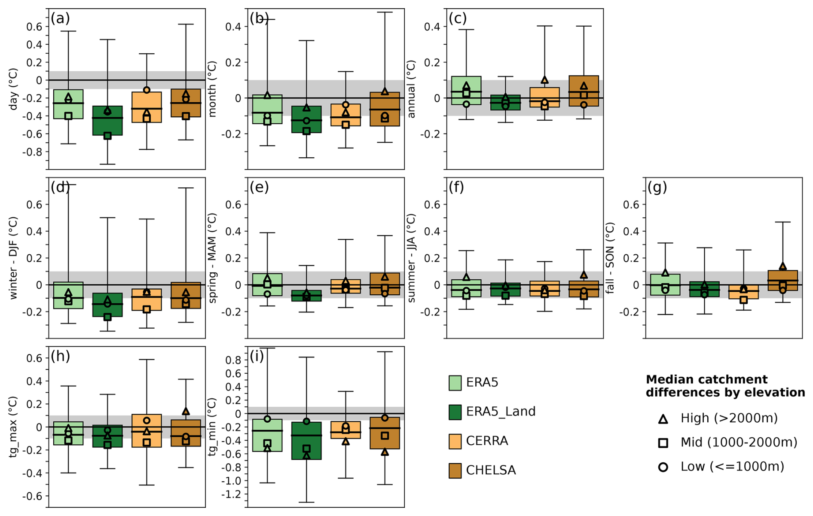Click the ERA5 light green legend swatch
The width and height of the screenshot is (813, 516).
455,382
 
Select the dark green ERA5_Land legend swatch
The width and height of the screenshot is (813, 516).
455,412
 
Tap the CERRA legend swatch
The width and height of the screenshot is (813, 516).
455,441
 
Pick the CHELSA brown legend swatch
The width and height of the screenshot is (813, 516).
455,470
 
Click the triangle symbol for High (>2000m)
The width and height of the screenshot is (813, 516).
663,419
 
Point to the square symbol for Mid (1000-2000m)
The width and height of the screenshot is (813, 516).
663,443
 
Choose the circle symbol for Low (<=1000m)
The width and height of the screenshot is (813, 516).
663,467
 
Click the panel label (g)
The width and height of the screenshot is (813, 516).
657,187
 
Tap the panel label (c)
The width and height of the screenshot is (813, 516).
458,18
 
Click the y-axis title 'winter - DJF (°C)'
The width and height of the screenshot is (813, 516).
13,258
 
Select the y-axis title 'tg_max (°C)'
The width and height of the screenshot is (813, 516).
13,427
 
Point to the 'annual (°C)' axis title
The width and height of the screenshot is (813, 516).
411,89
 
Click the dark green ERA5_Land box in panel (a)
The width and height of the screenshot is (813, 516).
107,121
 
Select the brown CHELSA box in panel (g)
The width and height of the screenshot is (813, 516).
783,280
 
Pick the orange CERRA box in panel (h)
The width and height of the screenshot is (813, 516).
147,431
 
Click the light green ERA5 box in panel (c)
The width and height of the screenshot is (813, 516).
466,90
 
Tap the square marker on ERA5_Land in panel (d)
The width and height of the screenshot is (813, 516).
107,317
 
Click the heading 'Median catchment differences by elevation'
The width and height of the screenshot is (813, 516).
725,386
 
